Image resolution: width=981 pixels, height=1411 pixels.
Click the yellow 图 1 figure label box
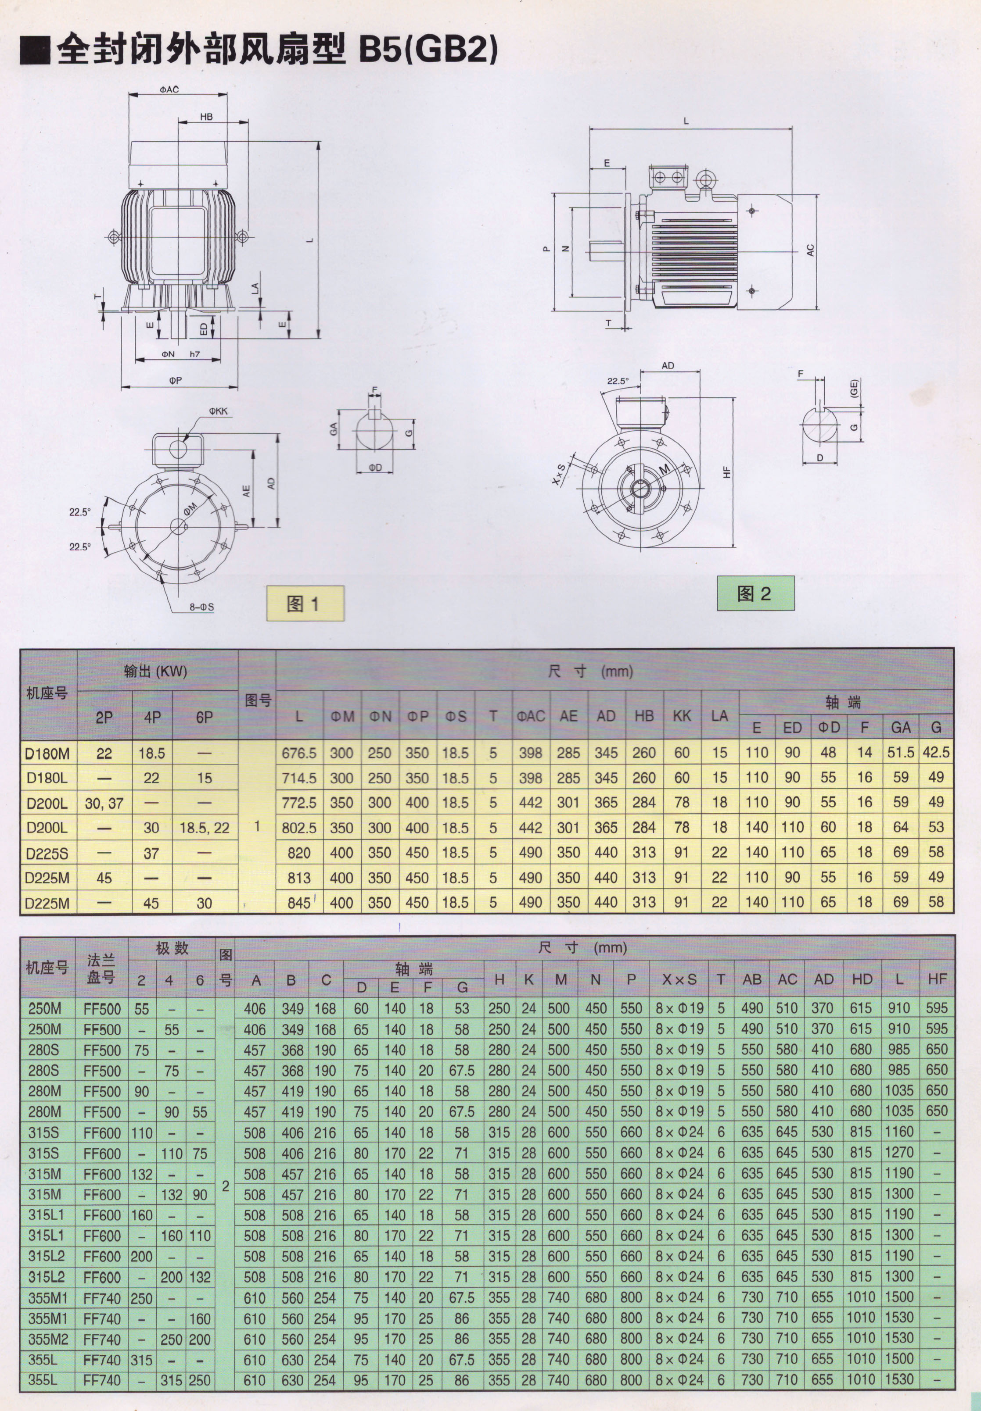point(305,604)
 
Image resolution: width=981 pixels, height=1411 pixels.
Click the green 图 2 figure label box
point(755,593)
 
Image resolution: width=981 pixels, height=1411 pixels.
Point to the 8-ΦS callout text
point(201,607)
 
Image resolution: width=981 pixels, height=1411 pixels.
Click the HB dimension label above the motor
point(207,117)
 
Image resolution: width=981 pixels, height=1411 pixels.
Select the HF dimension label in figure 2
point(727,472)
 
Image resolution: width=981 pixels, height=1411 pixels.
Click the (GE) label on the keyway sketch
point(854,388)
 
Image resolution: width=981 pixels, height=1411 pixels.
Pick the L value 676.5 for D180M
point(299,753)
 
